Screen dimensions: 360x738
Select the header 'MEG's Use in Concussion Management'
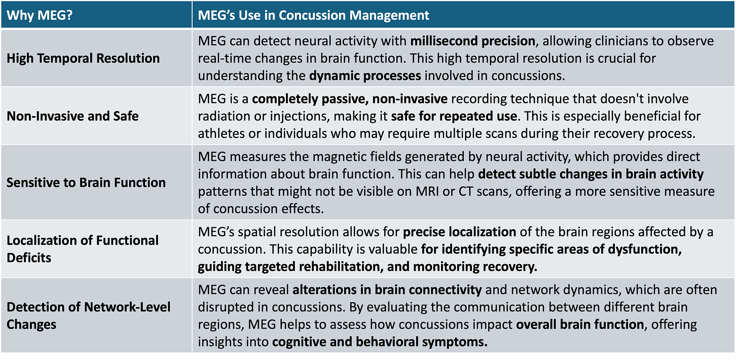(x=314, y=15)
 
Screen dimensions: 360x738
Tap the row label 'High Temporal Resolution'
(x=83, y=58)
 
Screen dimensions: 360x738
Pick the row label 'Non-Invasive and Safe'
(x=72, y=117)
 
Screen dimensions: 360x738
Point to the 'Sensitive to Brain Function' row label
(x=86, y=183)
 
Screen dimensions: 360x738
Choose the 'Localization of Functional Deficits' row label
(x=83, y=248)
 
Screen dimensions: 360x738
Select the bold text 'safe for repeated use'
(x=454, y=116)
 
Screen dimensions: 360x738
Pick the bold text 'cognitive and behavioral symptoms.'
(x=380, y=342)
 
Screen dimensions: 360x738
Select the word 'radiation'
(x=222, y=116)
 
